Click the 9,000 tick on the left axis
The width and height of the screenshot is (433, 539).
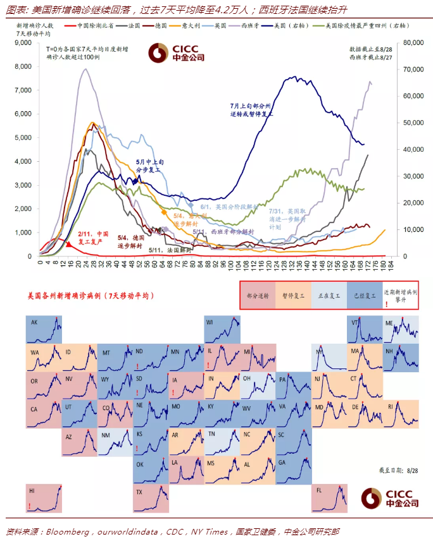(23, 42)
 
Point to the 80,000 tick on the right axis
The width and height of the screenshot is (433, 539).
(412, 42)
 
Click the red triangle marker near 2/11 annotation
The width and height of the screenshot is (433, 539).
(68, 243)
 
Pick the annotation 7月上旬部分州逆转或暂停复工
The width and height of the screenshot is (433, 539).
(252, 110)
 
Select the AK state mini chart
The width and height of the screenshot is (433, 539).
(44, 330)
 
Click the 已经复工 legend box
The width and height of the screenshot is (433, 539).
(363, 294)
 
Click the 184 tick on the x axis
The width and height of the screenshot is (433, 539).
(391, 262)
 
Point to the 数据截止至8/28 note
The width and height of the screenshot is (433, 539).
(368, 49)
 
